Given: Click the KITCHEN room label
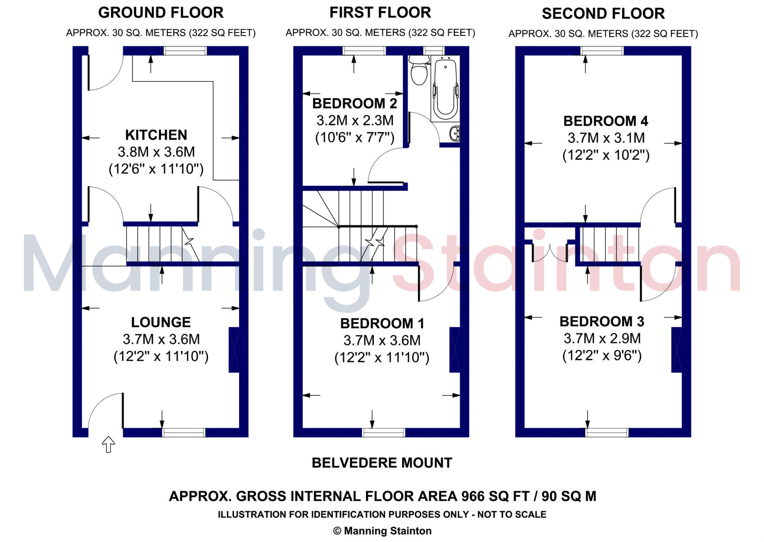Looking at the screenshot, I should tap(156, 135).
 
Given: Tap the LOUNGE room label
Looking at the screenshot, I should tap(161, 322).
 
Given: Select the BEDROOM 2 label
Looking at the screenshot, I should tap(354, 103).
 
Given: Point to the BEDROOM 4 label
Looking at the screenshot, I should tap(605, 121).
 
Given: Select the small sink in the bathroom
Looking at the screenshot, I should tap(455, 133).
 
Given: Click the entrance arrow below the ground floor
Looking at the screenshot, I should tap(108, 444).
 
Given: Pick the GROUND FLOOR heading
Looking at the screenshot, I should tap(161, 13).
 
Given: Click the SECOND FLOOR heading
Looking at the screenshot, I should tap(603, 14).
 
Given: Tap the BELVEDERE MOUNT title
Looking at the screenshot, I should tap(382, 463).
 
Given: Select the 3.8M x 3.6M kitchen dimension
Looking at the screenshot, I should tap(156, 152).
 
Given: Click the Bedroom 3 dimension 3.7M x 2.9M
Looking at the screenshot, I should tap(602, 338).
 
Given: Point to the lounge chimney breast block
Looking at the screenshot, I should tap(234, 350).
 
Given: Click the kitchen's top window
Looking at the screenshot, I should tap(185, 51).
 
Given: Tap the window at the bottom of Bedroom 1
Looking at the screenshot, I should tap(383, 432).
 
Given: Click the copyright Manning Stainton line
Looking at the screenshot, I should tap(382, 531).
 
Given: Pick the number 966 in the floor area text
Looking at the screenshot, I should tap(473, 497).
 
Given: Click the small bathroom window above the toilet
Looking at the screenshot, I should tap(434, 50).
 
